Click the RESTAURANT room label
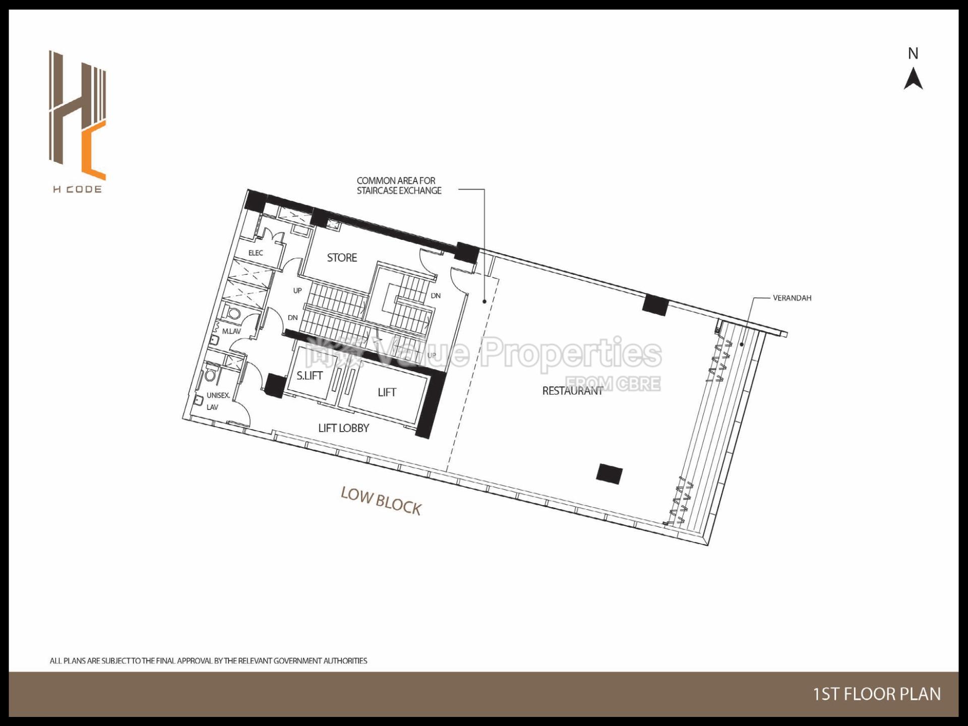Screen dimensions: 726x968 (x=572, y=391)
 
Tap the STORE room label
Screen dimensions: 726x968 (x=342, y=258)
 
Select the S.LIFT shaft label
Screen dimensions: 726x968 (x=309, y=376)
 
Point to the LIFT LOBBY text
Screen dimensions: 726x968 (x=344, y=428)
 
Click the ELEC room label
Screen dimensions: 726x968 (x=256, y=253)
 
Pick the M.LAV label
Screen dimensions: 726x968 (x=231, y=331)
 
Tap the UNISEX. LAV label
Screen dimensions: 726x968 (x=218, y=401)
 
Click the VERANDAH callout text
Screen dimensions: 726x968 (x=792, y=298)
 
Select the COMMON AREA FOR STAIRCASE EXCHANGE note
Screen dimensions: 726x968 (x=399, y=186)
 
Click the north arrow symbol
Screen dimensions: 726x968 (x=913, y=80)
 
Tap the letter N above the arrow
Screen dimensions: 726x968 (x=913, y=53)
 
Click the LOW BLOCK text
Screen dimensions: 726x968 (x=381, y=501)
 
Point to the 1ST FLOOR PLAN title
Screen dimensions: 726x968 (x=877, y=694)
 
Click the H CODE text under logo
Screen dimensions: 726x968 (x=77, y=190)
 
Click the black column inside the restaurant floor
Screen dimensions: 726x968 (x=609, y=474)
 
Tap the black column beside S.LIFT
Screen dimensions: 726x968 (x=275, y=385)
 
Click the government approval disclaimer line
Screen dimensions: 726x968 (x=208, y=660)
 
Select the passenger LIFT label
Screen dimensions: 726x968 (x=387, y=392)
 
